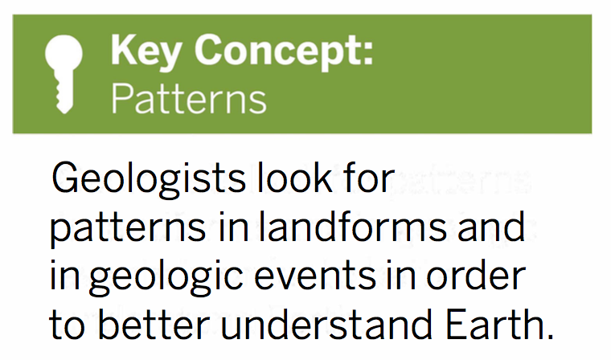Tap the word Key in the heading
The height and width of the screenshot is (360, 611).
146,51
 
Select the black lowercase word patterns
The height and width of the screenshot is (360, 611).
127,229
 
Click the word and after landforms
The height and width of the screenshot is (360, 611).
491,226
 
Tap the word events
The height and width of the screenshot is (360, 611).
316,276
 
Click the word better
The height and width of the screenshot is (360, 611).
154,323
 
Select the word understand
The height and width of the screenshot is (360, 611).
326,323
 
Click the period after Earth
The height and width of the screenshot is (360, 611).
548,335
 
